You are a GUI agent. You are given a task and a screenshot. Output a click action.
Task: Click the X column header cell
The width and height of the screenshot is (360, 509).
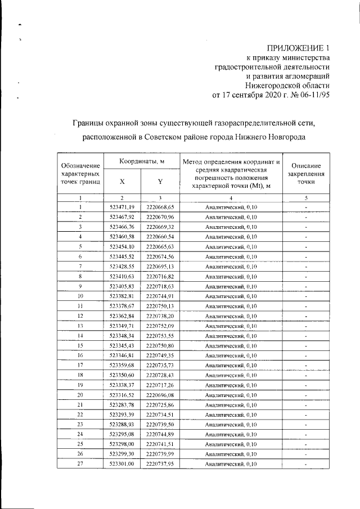tap(122, 182)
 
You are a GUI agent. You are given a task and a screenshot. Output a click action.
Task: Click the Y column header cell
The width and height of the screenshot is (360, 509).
tap(160, 182)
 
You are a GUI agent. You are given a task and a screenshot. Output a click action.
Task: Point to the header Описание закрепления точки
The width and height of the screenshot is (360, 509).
tap(306, 174)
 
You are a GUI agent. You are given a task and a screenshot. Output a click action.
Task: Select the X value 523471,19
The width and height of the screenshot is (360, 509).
tap(122, 206)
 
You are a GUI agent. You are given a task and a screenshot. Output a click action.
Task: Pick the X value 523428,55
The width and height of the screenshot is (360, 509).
tap(122, 266)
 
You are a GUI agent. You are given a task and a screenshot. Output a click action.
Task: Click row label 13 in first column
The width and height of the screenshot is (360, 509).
tap(80, 326)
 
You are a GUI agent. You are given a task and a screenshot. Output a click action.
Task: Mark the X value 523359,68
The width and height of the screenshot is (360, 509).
tap(122, 365)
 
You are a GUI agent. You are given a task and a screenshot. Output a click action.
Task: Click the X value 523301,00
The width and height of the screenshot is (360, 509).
tap(122, 464)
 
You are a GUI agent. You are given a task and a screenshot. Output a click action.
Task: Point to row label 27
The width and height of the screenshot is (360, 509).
tap(80, 464)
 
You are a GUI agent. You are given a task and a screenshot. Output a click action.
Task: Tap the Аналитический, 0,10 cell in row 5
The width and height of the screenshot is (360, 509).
tap(231, 246)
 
